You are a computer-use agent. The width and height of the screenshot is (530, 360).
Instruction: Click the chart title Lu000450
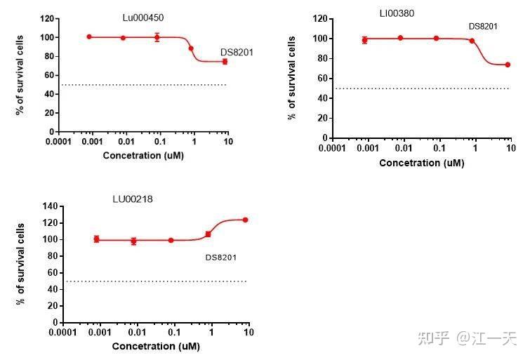(143, 16)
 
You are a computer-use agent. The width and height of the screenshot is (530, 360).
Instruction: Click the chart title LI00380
(396, 13)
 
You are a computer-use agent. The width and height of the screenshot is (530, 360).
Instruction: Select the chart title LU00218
(133, 199)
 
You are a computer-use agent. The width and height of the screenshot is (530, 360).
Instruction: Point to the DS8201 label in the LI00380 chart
(483, 27)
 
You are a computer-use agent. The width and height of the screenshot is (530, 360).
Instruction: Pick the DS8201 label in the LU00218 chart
(220, 258)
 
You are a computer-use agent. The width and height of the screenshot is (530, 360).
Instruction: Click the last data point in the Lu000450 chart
(225, 61)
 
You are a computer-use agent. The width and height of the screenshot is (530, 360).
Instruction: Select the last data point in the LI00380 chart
(508, 65)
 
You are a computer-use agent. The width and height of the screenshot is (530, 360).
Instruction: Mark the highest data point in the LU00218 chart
(245, 220)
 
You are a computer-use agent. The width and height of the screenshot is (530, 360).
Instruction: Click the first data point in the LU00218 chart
(97, 239)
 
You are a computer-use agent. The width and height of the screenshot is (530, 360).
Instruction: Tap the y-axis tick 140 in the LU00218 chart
(48, 206)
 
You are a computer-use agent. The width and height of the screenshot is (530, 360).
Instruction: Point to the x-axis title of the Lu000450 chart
(143, 155)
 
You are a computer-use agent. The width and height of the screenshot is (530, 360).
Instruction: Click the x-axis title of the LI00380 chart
(421, 163)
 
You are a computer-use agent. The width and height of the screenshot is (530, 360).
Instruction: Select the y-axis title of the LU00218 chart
(22, 264)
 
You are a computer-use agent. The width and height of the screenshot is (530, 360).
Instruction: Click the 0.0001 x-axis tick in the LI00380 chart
(333, 149)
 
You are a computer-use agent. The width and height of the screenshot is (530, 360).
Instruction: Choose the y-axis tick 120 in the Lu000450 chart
(46, 18)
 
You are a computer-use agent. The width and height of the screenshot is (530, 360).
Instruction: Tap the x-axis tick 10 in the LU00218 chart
(248, 332)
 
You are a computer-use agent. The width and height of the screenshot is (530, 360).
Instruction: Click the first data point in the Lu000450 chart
(89, 36)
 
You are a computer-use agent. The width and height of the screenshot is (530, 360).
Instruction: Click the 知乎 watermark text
(433, 338)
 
